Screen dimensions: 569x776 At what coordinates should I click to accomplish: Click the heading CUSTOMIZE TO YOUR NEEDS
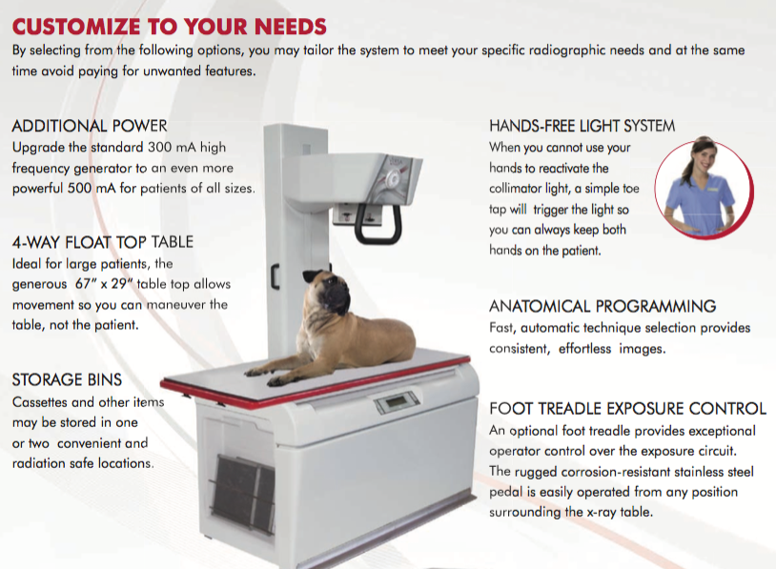[x=169, y=25]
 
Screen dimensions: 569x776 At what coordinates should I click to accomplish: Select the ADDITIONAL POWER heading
[x=90, y=126]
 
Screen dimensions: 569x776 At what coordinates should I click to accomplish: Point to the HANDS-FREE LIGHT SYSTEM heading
[x=582, y=126]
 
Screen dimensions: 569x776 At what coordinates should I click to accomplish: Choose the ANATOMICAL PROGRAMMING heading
[x=602, y=306]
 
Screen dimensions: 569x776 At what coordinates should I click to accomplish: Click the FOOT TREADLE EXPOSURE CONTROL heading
[x=627, y=409]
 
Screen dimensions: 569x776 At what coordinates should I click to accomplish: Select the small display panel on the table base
[x=395, y=405]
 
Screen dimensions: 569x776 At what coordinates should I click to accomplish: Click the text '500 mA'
[x=118, y=188]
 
